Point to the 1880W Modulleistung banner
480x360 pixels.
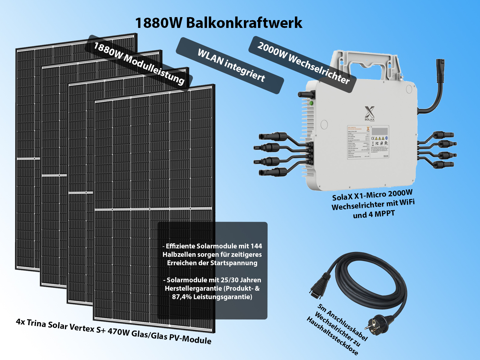click(x=139, y=63)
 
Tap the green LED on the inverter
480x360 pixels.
click(x=311, y=103)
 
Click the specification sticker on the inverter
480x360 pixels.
click(x=368, y=142)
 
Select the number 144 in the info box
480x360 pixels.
click(x=256, y=246)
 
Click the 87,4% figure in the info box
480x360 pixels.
click(x=181, y=297)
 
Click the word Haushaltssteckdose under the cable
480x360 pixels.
click(x=332, y=337)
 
